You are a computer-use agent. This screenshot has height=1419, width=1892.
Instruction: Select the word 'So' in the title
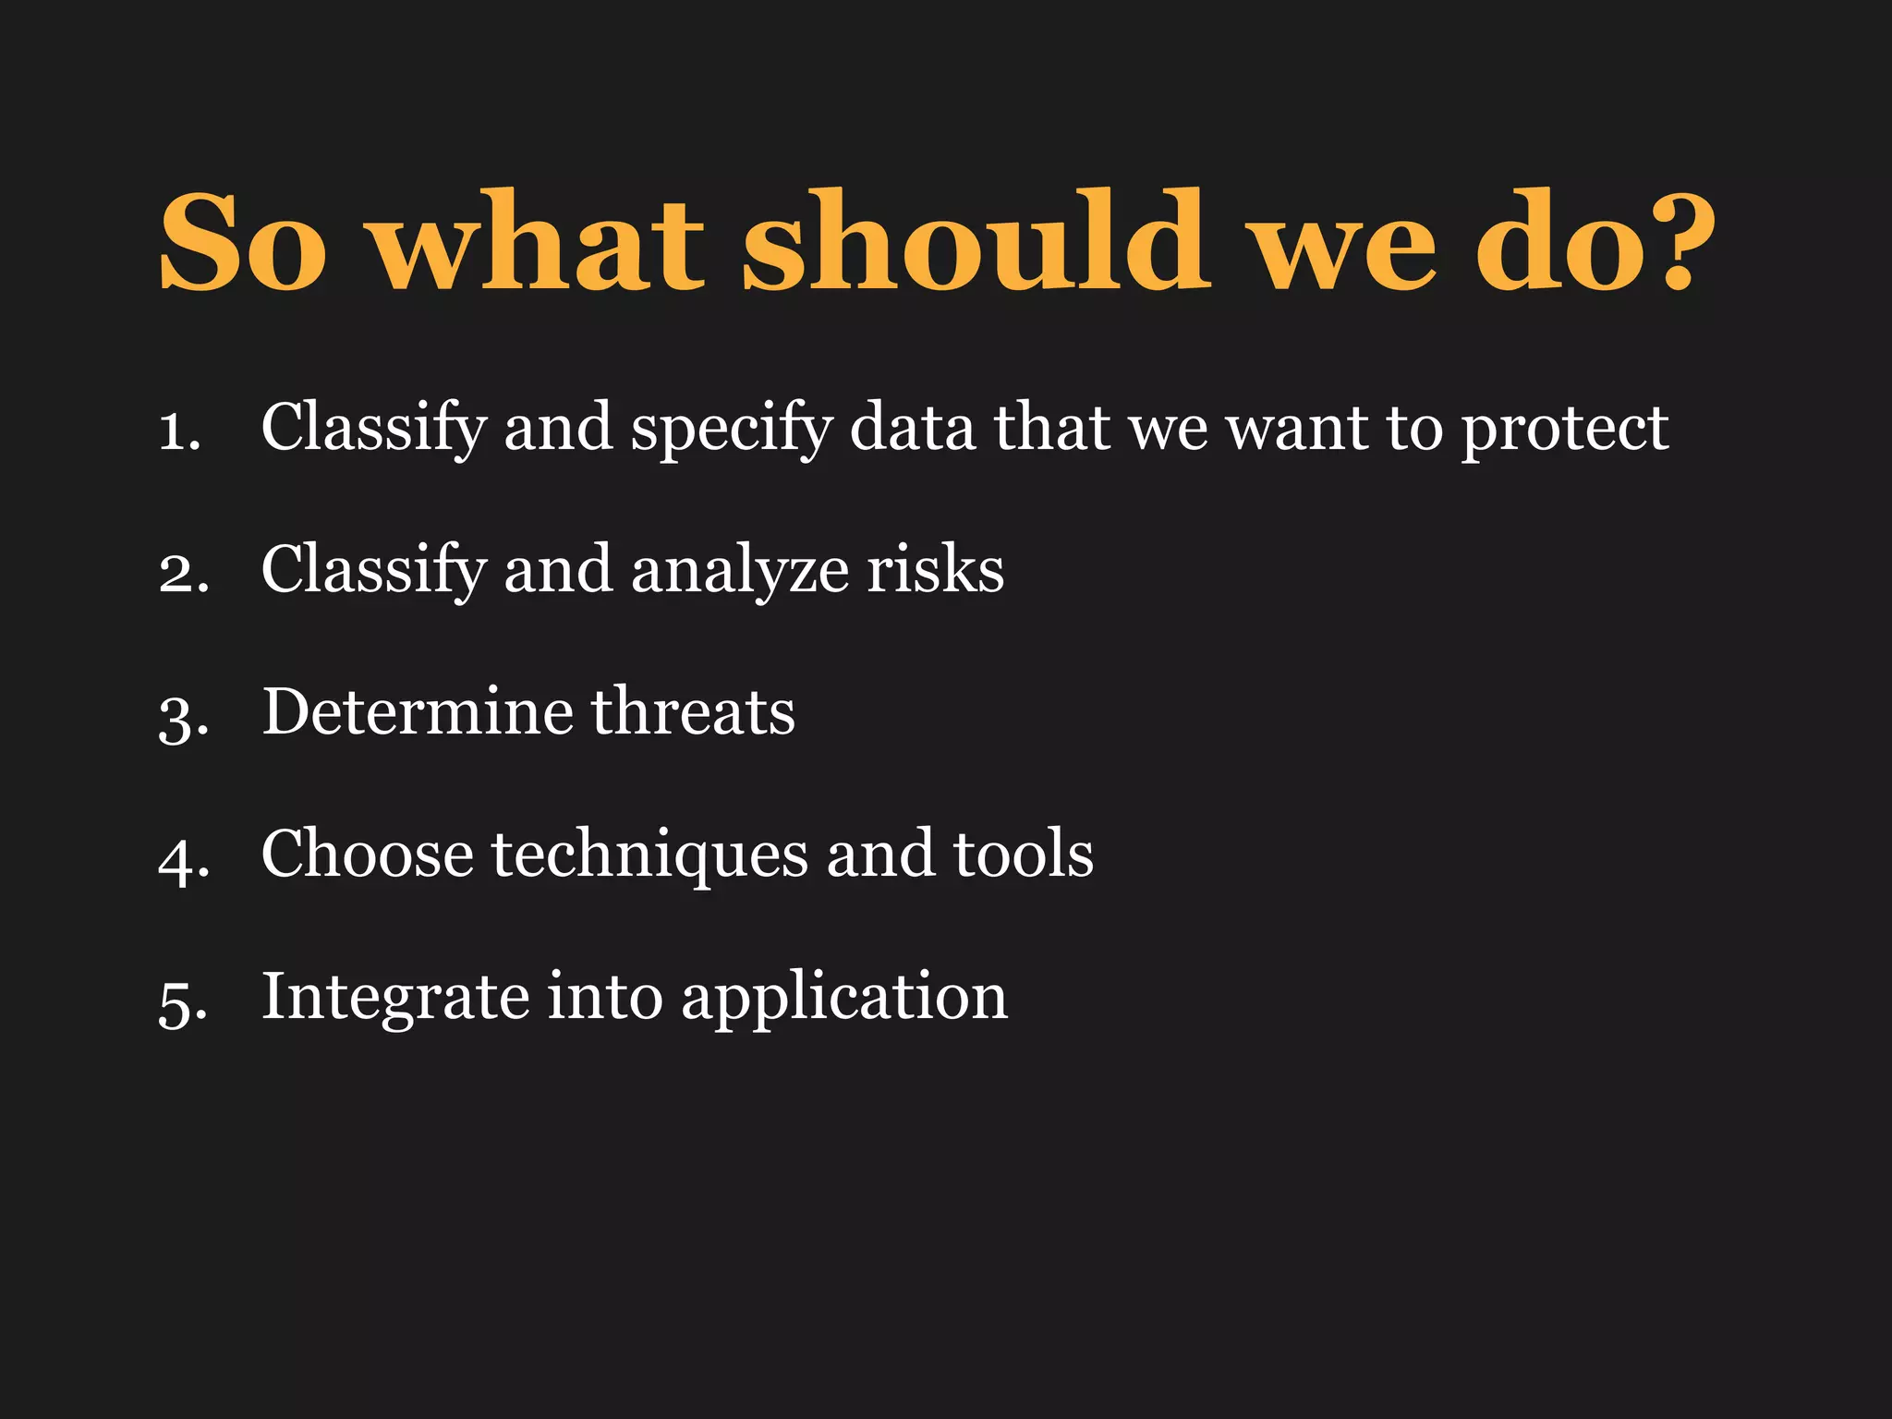[x=242, y=242]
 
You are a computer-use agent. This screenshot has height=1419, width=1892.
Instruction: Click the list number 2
[x=183, y=573]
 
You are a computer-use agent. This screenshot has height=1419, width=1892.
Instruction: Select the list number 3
[x=183, y=716]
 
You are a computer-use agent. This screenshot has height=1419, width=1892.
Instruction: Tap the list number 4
[x=183, y=858]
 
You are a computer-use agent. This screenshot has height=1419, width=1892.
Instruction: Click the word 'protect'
[x=1564, y=430]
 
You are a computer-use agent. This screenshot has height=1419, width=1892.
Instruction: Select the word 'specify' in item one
[x=731, y=430]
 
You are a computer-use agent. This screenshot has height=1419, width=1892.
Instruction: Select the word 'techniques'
[x=649, y=855]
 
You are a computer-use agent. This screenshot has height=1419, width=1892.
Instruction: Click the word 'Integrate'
[x=396, y=998]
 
